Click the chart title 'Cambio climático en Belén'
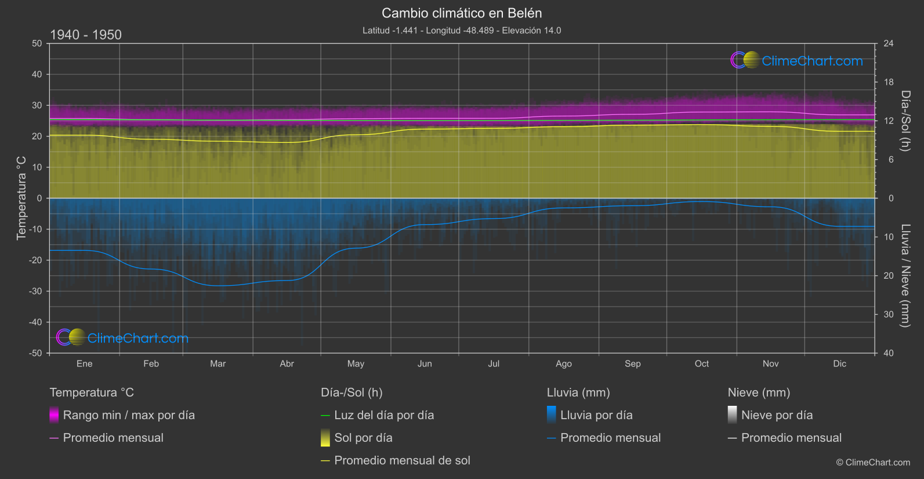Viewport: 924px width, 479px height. pos(462,13)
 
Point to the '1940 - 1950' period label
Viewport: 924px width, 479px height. pos(86,35)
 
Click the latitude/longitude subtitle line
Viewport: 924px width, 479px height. pos(462,30)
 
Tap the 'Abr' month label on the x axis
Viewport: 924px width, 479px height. pos(287,363)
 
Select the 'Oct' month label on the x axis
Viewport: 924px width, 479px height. pos(701,363)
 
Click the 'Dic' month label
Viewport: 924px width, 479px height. pos(839,363)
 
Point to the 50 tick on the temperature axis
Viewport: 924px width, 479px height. pos(37,44)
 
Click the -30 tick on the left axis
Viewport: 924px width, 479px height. pos(36,291)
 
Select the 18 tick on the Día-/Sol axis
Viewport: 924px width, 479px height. pos(889,82)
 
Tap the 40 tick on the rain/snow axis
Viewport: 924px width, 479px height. pos(889,353)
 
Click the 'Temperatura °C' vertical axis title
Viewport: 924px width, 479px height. pos(21,197)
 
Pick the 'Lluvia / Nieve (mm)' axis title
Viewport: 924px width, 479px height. pos(905,276)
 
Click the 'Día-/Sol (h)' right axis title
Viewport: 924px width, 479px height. pos(905,121)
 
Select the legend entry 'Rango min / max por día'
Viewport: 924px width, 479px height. pos(129,415)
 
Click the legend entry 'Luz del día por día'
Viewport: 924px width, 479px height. pos(384,415)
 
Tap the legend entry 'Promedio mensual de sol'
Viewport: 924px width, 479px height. pos(402,460)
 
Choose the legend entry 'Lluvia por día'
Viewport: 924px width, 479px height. pos(596,415)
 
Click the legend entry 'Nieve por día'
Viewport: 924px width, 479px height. pos(777,415)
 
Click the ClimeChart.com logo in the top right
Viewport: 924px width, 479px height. pos(797,60)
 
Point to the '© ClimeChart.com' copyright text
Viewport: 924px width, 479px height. pos(873,462)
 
